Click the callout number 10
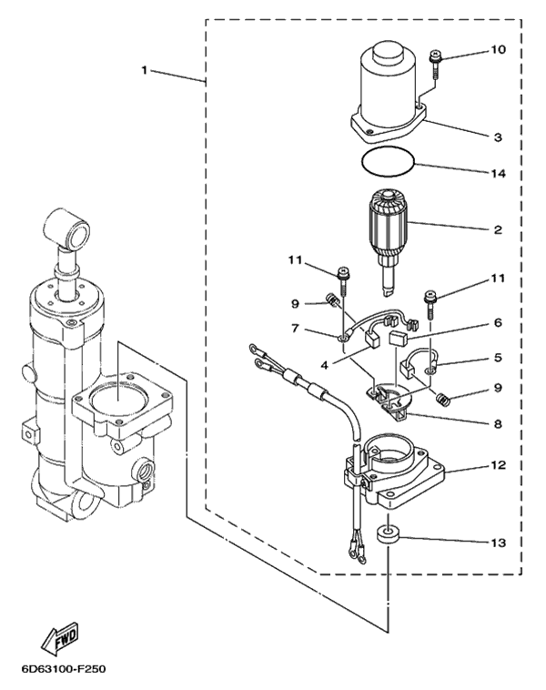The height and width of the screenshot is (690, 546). coord(498,49)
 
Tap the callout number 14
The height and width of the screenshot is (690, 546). coord(498,173)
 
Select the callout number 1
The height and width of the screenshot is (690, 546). coord(145,70)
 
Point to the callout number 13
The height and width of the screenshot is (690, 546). coord(498,543)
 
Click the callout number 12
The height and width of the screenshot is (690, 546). coord(498,464)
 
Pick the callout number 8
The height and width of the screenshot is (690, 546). coord(498,424)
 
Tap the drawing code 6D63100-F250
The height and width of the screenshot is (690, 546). coord(64,669)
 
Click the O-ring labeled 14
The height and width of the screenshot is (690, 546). coord(389,162)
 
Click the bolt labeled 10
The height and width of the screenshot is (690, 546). coord(434,65)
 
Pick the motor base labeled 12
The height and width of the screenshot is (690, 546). coord(393,473)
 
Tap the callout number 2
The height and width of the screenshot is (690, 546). coord(498,229)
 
